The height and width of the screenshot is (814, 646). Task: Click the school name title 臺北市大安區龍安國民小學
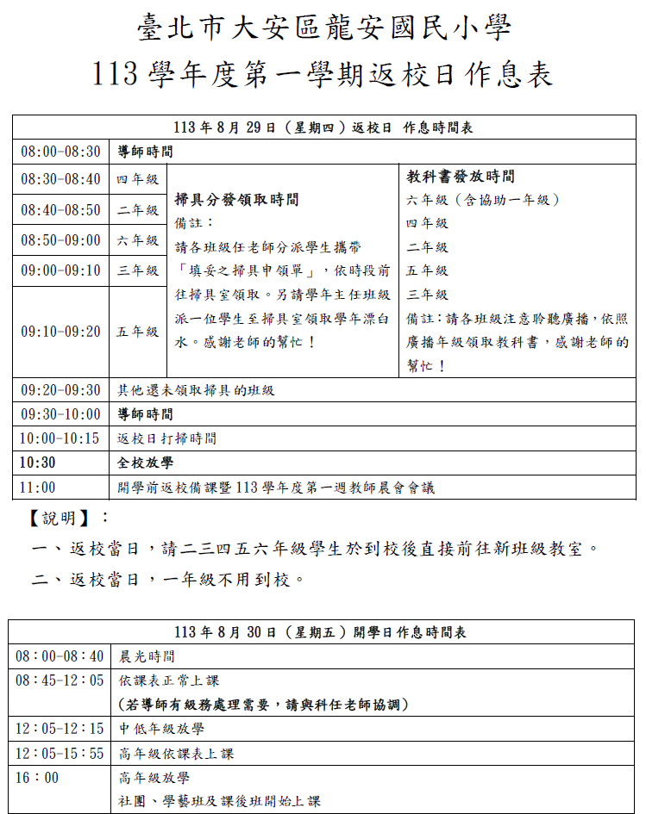click(x=323, y=30)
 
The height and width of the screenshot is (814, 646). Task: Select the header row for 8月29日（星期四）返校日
click(x=323, y=127)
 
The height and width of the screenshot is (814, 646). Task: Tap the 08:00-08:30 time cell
click(x=60, y=152)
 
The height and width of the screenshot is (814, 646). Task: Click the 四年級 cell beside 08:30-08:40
click(x=138, y=180)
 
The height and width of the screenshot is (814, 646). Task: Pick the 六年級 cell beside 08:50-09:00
click(x=138, y=240)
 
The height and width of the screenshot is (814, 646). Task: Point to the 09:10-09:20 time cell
click(x=60, y=332)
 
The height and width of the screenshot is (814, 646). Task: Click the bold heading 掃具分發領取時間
click(x=236, y=200)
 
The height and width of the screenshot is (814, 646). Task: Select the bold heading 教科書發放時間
click(x=461, y=177)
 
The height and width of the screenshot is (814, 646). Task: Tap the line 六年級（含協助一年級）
click(x=484, y=200)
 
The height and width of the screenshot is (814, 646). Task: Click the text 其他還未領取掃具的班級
click(x=196, y=390)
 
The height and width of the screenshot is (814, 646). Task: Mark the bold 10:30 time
click(x=38, y=463)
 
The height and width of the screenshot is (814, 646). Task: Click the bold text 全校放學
click(x=145, y=463)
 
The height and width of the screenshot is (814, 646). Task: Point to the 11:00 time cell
click(x=38, y=488)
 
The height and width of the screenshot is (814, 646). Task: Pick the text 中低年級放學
click(x=161, y=729)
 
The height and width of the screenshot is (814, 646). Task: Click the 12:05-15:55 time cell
click(x=60, y=754)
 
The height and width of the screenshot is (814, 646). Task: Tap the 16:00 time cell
click(x=38, y=778)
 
